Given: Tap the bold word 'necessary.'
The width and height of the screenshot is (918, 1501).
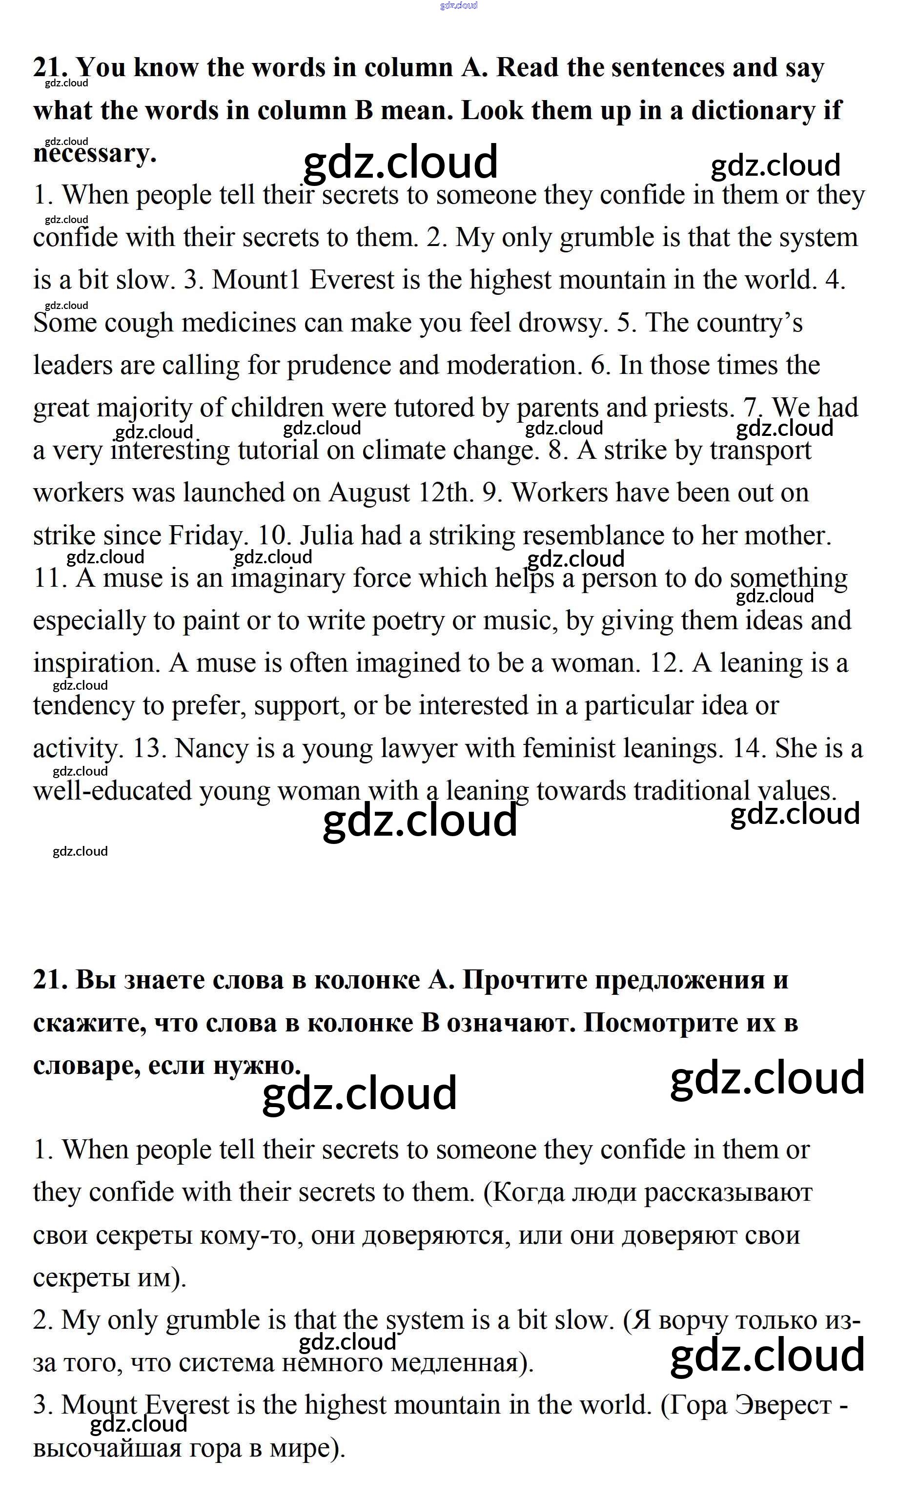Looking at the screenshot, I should [94, 153].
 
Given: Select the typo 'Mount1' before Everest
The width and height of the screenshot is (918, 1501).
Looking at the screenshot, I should [256, 280].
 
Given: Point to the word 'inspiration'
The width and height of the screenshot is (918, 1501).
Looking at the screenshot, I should [96, 663].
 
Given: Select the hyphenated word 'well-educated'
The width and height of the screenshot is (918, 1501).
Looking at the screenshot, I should [112, 791].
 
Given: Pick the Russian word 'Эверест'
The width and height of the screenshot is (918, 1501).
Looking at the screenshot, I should [783, 1405].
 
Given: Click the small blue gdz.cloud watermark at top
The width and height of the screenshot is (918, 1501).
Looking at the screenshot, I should [459, 5].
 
